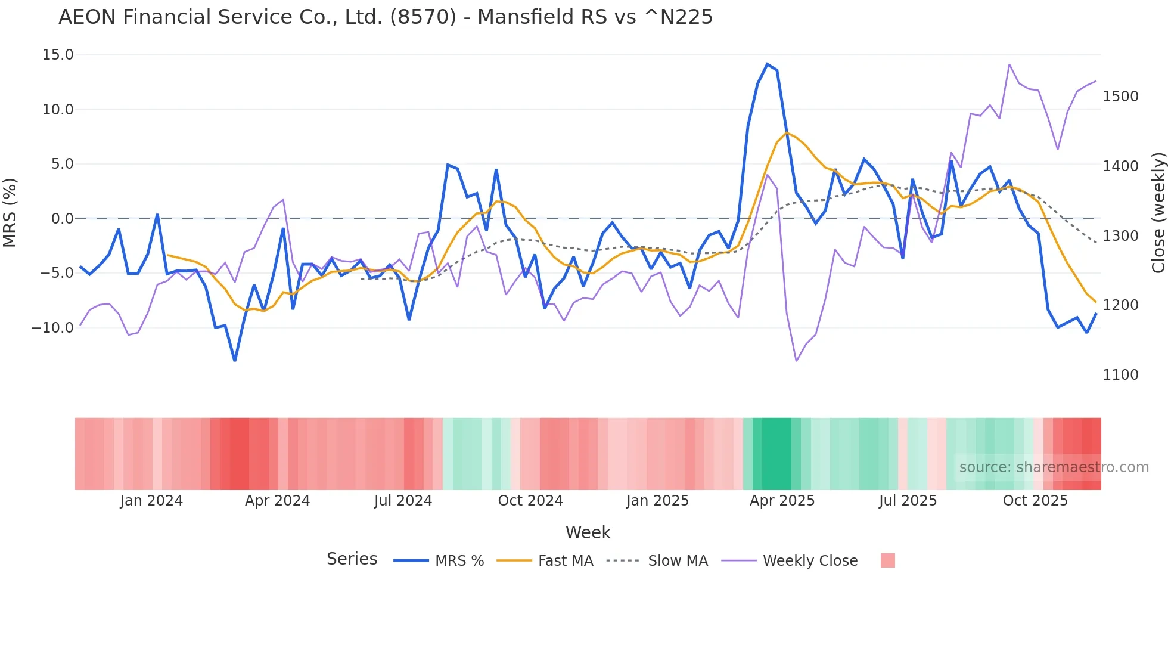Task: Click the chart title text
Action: (x=385, y=17)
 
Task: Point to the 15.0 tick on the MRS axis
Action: (x=58, y=55)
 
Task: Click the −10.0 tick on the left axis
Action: (x=52, y=328)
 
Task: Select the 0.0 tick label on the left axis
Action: (x=62, y=219)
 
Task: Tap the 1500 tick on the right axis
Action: (x=1120, y=97)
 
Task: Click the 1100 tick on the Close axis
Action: (x=1120, y=375)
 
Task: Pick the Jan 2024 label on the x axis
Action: (x=151, y=501)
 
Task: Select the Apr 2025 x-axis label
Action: (x=782, y=501)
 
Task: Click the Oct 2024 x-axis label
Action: (x=530, y=501)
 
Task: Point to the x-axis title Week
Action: (x=588, y=532)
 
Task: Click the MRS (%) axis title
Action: (x=10, y=213)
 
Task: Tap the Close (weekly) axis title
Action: (x=1158, y=213)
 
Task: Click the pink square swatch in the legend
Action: (x=887, y=560)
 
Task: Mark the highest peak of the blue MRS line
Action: (x=767, y=64)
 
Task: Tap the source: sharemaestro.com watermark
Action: (x=1054, y=467)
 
